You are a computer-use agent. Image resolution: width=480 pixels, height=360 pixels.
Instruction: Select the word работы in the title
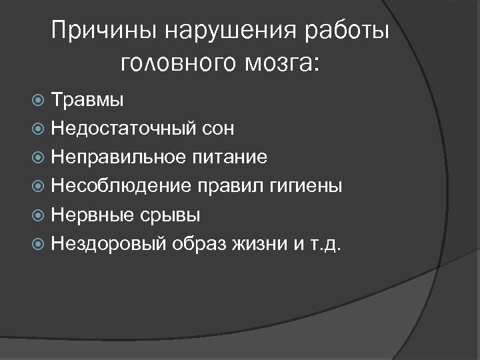tap(347, 32)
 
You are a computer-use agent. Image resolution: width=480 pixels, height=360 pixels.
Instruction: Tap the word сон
tap(215, 129)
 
